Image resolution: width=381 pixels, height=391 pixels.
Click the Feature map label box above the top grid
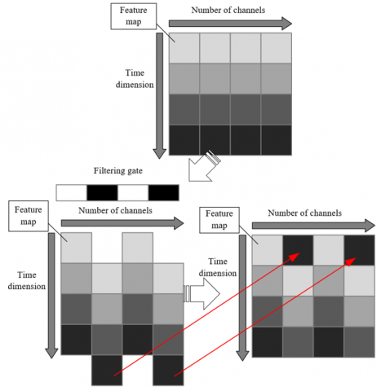point(134,16)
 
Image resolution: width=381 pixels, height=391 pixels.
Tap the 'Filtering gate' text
point(118,171)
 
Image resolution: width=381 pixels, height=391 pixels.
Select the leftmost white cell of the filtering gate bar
point(72,193)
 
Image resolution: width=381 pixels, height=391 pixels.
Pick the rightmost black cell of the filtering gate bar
point(164,193)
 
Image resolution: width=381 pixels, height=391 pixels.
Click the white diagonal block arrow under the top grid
point(203,167)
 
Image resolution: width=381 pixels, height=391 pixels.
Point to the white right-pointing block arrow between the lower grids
point(202,294)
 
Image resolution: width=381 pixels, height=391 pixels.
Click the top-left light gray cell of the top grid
point(184,48)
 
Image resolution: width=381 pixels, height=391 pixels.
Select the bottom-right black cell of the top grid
point(277,140)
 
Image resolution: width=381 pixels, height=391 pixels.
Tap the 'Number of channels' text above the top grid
point(228,10)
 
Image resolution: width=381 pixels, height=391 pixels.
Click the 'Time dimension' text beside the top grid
point(135,79)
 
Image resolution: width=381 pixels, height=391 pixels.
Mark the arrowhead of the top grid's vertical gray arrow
point(159,154)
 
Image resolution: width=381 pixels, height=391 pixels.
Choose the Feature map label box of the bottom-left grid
point(29,216)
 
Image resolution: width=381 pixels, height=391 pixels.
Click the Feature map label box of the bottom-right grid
point(219,220)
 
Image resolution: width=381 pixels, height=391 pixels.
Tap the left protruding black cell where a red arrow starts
point(107,371)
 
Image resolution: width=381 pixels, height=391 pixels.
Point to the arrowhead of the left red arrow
point(294,257)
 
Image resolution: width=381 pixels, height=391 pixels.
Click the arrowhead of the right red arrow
point(351,261)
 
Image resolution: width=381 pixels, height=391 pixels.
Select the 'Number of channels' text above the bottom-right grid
point(304,213)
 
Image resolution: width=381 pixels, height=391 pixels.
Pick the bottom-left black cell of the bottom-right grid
point(268,342)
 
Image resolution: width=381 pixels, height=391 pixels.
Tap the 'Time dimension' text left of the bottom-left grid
point(27,280)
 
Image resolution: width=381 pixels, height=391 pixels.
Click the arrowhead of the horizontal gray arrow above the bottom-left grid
point(179,223)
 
